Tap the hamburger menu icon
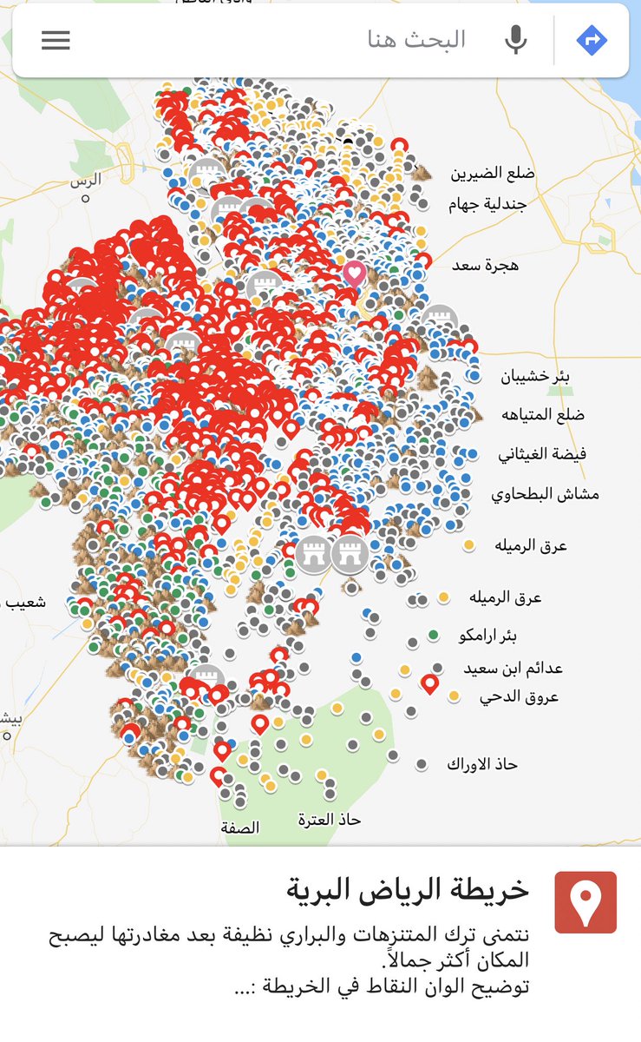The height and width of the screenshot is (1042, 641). (x=56, y=40)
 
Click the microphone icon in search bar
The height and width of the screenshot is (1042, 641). (x=516, y=40)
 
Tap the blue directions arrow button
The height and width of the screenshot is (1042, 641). (x=592, y=40)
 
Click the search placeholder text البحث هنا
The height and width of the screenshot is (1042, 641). (x=416, y=40)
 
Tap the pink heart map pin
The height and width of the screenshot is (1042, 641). (x=354, y=273)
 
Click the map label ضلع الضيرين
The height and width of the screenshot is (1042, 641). (x=492, y=173)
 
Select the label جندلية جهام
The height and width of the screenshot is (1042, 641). (x=487, y=204)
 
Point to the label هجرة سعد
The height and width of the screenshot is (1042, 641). (x=485, y=265)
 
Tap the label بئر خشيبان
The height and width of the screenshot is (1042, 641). (x=536, y=376)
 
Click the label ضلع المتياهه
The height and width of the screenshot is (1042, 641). (x=543, y=414)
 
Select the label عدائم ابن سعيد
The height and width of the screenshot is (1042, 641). (x=513, y=669)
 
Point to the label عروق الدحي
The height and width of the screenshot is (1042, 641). (x=519, y=696)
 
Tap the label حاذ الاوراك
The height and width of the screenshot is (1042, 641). (x=482, y=764)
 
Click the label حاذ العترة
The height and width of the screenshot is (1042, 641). (x=329, y=819)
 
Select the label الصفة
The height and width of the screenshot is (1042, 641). (x=240, y=828)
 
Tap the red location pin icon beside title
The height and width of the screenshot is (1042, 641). (x=585, y=902)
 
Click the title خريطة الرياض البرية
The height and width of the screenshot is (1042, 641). (x=407, y=890)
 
